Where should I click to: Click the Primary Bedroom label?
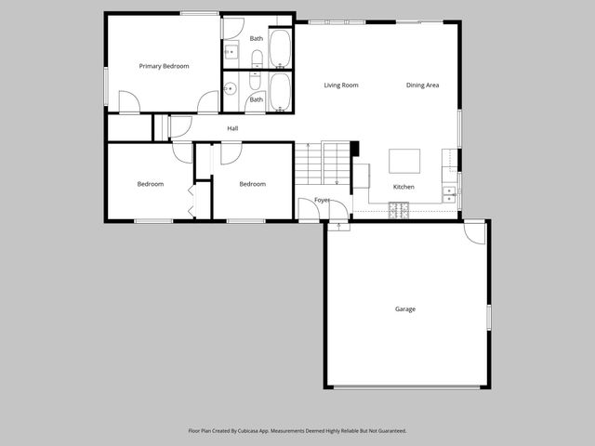coord(164,66)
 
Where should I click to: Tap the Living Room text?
coord(341,85)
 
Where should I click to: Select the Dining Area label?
coord(422,85)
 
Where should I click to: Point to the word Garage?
coord(404,309)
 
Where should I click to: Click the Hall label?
coord(232,128)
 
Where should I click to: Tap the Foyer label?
coord(323,200)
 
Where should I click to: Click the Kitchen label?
coord(403,187)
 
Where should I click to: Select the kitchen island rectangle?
coord(403,162)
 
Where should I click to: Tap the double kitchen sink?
coord(450,194)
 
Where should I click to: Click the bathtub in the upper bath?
coord(281,48)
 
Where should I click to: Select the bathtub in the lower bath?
coord(281,92)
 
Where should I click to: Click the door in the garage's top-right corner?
coord(475,232)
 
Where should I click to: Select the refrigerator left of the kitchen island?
coord(361,174)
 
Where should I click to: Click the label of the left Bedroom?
coord(151,184)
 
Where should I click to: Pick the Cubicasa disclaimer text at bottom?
coord(297,431)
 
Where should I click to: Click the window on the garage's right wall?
coord(489,316)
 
